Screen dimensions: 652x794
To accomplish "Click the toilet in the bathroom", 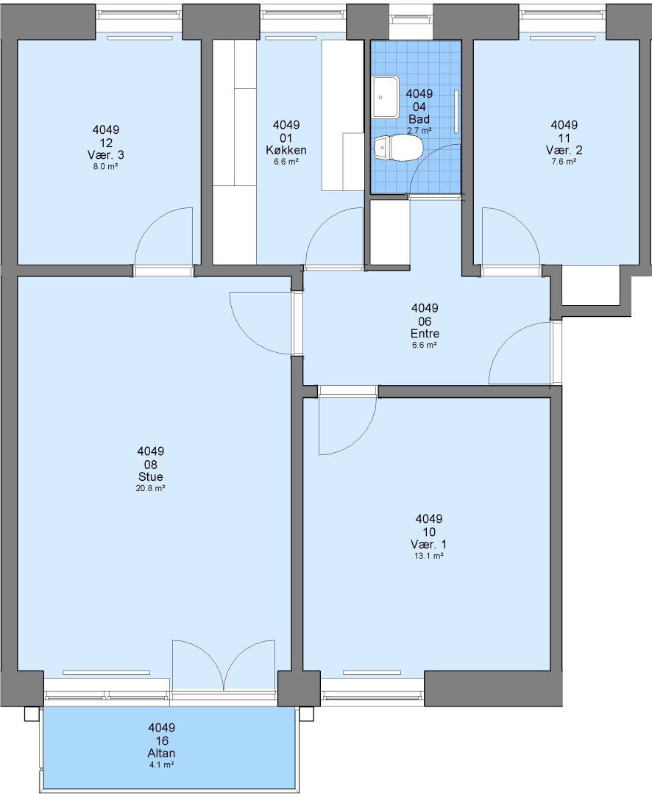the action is tap(398, 148).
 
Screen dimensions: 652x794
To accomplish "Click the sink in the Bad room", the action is tap(386, 96).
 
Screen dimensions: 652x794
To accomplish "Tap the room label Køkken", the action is tap(286, 151).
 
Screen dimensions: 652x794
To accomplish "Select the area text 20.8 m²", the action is tap(151, 489).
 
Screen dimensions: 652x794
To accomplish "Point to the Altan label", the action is tap(162, 753).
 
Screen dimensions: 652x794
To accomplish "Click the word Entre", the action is tap(425, 334).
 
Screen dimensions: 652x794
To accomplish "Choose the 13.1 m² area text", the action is tap(429, 556).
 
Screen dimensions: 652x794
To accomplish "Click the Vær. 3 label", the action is tap(105, 155).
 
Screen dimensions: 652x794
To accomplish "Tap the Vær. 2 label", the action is tap(564, 151).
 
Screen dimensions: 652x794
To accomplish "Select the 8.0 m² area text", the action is tap(105, 167).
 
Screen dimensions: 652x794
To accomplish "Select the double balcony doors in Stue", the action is tap(224, 665).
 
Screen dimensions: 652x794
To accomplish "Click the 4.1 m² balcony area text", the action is tap(162, 765).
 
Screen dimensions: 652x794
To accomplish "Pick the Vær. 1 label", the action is tap(429, 544).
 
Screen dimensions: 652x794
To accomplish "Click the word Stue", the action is tap(151, 477).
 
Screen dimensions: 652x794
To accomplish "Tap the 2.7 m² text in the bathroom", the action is tap(419, 131).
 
